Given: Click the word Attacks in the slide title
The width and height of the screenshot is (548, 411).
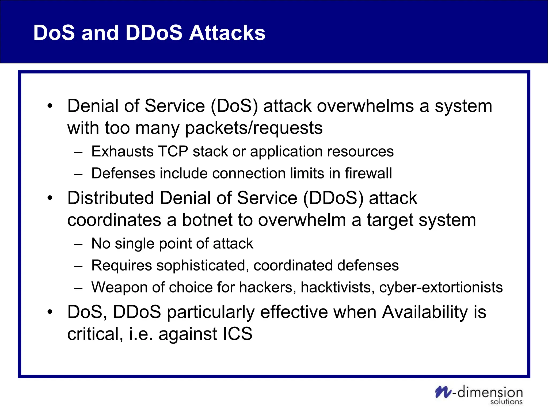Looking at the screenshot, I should click(x=227, y=33).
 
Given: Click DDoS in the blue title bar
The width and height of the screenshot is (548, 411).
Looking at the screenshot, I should click(x=154, y=33).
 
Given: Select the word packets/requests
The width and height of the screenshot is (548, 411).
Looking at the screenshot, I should click(x=254, y=128).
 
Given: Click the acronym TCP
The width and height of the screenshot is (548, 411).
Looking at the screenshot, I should click(x=173, y=151).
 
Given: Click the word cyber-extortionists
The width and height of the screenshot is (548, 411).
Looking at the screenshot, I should click(x=441, y=287).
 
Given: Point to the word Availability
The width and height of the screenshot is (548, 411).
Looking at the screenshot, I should click(x=425, y=312).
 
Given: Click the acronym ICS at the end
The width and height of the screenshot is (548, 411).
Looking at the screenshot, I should click(x=237, y=334).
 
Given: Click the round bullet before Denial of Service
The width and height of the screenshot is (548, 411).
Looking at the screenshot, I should click(x=50, y=106).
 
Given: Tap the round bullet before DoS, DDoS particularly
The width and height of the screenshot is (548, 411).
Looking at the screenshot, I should click(x=50, y=312).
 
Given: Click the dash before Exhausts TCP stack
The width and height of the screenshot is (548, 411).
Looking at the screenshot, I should click(x=78, y=152).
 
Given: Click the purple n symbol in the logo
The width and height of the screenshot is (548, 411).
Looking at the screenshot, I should click(x=443, y=392).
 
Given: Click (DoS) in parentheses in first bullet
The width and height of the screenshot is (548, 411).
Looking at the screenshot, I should click(x=234, y=106).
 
